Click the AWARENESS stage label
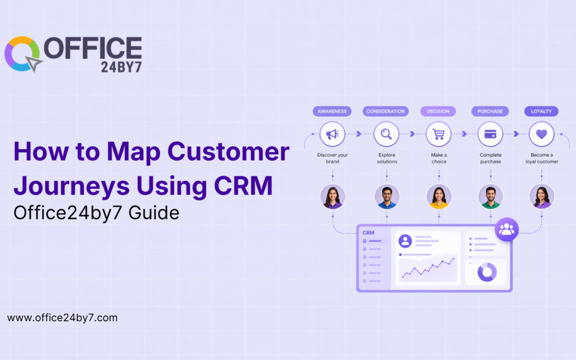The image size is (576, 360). [332, 111]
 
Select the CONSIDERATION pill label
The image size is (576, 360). [385, 111]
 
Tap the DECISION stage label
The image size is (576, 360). [438, 111]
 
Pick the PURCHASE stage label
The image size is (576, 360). [490, 111]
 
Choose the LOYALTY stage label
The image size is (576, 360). [541, 111]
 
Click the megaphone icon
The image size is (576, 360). [332, 134]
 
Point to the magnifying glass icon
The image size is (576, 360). [387, 134]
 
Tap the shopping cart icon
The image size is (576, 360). [438, 134]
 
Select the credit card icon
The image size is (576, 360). [490, 134]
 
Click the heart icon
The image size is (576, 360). [541, 134]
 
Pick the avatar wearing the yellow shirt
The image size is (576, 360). [439, 197]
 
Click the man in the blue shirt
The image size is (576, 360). [387, 197]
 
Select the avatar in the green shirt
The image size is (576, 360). [490, 197]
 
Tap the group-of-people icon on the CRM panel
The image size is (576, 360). [507, 229]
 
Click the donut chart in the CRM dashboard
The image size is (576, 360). [487, 272]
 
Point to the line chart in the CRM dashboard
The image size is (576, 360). [428, 267]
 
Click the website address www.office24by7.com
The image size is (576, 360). [62, 318]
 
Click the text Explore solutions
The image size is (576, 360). [387, 158]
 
